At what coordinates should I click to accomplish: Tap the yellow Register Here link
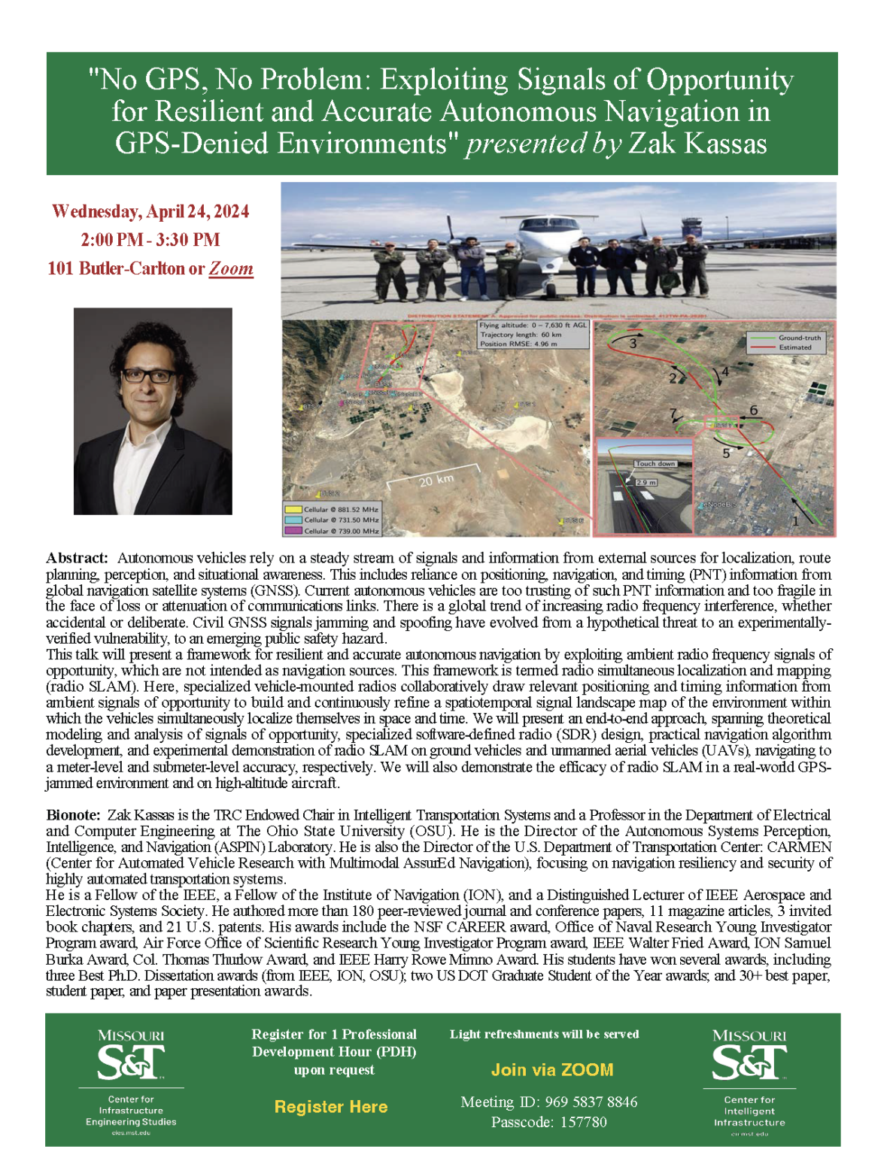point(331,1106)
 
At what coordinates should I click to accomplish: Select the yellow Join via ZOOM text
point(552,1069)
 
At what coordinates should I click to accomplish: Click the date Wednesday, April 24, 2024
point(150,211)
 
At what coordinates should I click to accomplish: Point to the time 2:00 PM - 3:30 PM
point(150,240)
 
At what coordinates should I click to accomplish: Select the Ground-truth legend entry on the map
point(799,338)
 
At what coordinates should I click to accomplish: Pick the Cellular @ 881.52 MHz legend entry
point(340,509)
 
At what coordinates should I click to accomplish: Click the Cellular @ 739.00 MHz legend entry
point(340,531)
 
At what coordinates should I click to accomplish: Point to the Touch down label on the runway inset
point(655,464)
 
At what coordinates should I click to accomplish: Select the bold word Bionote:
point(73,815)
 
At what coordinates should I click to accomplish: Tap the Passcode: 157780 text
point(548,1122)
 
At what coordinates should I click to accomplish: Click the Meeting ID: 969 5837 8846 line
point(548,1102)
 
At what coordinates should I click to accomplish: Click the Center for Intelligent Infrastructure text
point(749,1111)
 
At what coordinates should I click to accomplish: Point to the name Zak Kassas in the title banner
point(697,143)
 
